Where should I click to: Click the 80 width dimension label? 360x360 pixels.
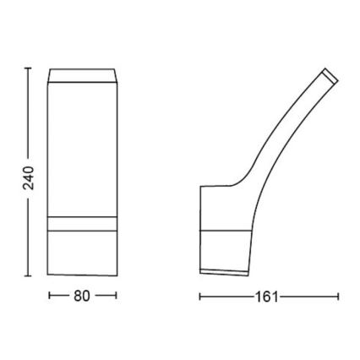[x=81, y=297]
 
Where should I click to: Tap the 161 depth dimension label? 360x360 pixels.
[x=268, y=297]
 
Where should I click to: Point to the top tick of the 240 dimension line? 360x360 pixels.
[x=28, y=67]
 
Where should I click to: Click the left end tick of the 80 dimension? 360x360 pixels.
[x=50, y=297]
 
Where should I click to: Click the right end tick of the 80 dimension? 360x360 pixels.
[x=116, y=297]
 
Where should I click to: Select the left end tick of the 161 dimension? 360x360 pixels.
[x=199, y=297]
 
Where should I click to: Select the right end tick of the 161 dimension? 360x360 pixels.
[x=339, y=297]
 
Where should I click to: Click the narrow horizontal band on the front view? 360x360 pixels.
[x=83, y=222]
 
